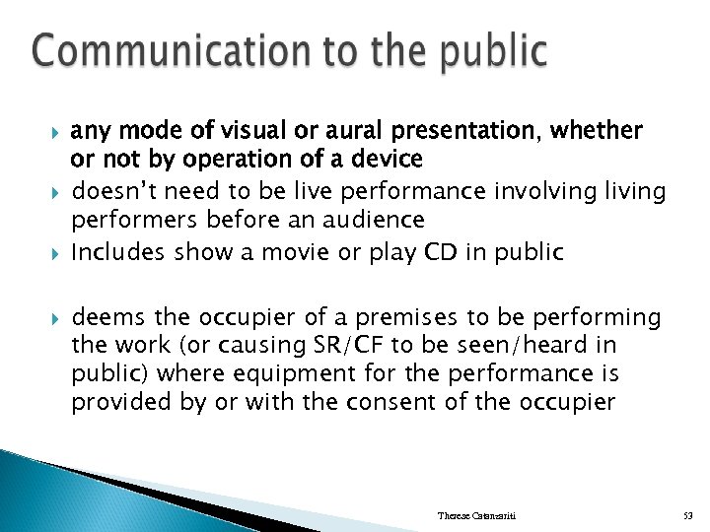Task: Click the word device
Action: click(390, 159)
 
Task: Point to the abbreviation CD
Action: click(439, 253)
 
